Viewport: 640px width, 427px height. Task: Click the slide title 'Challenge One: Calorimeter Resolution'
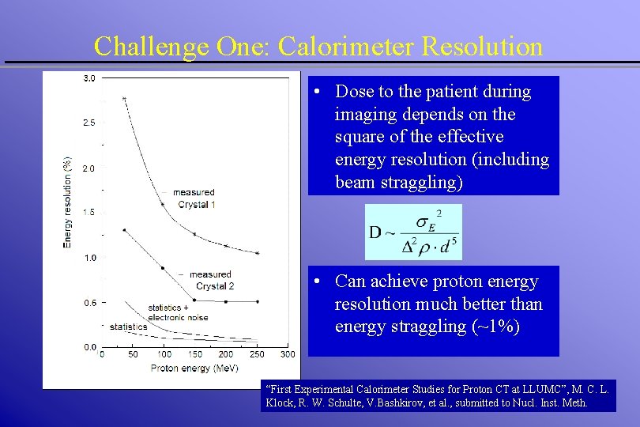[318, 46]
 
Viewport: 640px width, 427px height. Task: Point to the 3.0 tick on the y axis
[89, 78]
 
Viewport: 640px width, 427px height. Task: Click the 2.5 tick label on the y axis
[89, 123]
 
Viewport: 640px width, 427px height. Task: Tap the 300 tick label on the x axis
[288, 354]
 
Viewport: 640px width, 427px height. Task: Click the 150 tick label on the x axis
[194, 354]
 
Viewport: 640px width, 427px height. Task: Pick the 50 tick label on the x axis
[133, 354]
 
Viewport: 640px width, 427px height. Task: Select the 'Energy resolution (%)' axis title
[67, 201]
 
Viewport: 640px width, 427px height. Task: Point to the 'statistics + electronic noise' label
[178, 312]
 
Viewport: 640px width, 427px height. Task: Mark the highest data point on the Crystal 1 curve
[124, 99]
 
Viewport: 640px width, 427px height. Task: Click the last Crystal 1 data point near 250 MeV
[258, 253]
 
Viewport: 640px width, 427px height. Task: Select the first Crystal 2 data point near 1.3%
[124, 230]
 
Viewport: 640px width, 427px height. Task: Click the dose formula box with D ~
[413, 232]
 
